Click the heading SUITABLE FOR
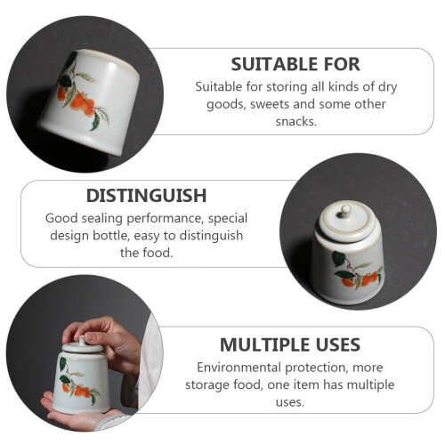[x=295, y=64]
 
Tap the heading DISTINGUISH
[x=146, y=196]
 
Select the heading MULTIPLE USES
[x=290, y=344]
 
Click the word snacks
[x=295, y=121]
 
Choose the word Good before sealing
[x=61, y=218]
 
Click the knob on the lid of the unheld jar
[x=346, y=210]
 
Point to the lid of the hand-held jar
[x=82, y=345]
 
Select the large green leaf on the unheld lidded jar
[x=338, y=258]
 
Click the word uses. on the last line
[x=290, y=402]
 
